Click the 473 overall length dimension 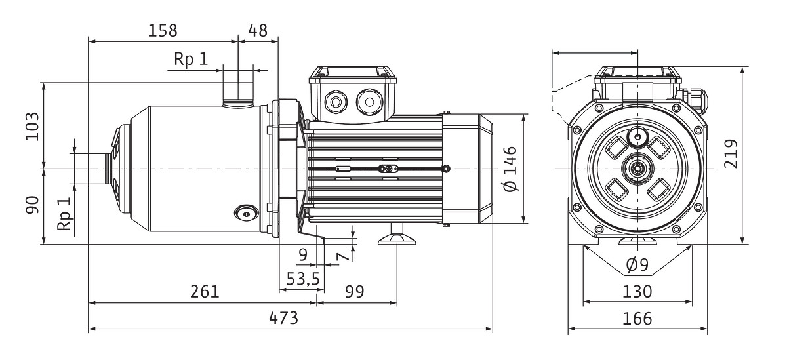(284, 318)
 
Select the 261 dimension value (205, 291)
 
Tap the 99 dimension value (354, 291)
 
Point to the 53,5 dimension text (302, 279)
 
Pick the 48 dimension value (258, 30)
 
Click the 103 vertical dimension (31, 126)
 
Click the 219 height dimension (733, 153)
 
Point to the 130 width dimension (637, 291)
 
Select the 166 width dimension (637, 319)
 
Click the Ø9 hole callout (637, 266)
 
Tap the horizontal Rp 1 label (191, 59)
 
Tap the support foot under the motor (397, 237)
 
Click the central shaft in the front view (637, 169)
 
